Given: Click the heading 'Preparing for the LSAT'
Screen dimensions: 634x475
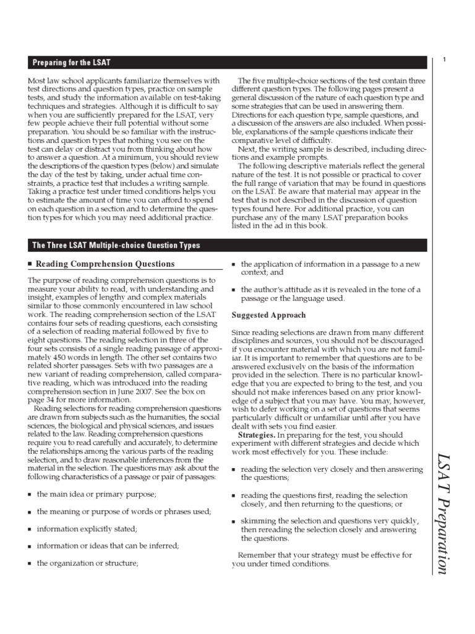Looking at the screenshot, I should point(72,63).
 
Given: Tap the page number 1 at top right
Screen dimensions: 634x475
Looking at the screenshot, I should point(445,60).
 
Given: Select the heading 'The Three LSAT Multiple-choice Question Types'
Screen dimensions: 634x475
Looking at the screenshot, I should point(116,246).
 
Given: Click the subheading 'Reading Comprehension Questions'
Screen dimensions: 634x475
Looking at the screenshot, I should point(105,264).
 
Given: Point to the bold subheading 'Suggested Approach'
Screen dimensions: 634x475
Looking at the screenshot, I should point(268,315).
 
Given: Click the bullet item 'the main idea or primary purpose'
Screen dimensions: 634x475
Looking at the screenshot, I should point(96,493).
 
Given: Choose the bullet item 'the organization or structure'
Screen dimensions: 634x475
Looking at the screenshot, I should point(87,563).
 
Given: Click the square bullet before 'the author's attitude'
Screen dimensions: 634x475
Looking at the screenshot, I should point(234,290).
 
